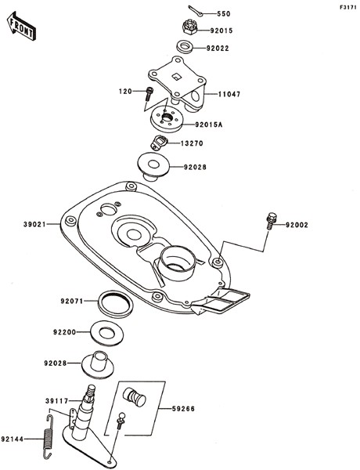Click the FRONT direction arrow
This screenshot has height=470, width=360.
pyautogui.click(x=21, y=26)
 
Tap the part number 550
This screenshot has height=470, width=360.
pyautogui.click(x=223, y=14)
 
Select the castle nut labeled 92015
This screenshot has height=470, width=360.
pyautogui.click(x=189, y=27)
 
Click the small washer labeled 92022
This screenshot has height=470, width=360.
pyautogui.click(x=185, y=47)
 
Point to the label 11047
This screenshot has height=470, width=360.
pyautogui.click(x=229, y=94)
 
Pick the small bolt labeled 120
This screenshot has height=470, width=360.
pyautogui.click(x=149, y=93)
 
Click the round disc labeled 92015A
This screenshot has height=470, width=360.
pyautogui.click(x=166, y=119)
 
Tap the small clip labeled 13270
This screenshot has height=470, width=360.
pyautogui.click(x=158, y=142)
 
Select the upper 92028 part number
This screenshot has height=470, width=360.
pyautogui.click(x=195, y=167)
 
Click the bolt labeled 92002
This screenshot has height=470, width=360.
pyautogui.click(x=271, y=221)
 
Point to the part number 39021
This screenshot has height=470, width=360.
pyautogui.click(x=34, y=224)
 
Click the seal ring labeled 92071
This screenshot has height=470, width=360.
pyautogui.click(x=116, y=304)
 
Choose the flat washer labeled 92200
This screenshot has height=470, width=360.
pyautogui.click(x=107, y=333)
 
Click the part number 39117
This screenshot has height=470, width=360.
pyautogui.click(x=57, y=401)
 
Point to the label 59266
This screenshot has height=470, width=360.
pyautogui.click(x=183, y=409)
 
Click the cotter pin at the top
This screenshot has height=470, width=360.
pyautogui.click(x=196, y=10)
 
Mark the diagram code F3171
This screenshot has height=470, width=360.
pyautogui.click(x=348, y=8)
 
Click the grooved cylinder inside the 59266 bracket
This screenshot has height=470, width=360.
pyautogui.click(x=134, y=396)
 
